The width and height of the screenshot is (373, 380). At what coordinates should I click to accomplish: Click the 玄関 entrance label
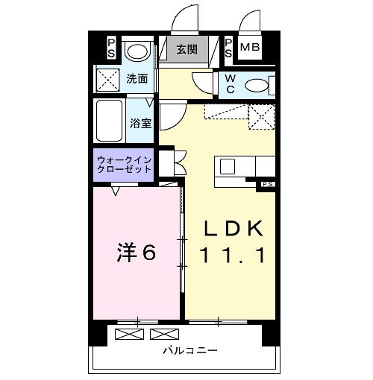pos(186,51)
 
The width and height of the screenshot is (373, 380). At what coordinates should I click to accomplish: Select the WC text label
pos(230,84)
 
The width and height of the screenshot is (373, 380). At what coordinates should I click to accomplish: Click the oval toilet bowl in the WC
pos(256,85)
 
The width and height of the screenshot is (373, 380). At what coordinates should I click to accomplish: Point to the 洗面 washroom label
pos(136,77)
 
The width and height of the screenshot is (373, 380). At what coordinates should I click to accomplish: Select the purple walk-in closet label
pos(123,165)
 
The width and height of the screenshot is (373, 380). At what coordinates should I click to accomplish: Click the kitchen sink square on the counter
pos(228,165)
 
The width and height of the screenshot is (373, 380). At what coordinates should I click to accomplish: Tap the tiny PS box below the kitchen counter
pos(266,183)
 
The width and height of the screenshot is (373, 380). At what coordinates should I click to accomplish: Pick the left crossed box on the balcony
pos(127,333)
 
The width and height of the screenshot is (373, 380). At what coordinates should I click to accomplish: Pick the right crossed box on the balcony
pos(160,333)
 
